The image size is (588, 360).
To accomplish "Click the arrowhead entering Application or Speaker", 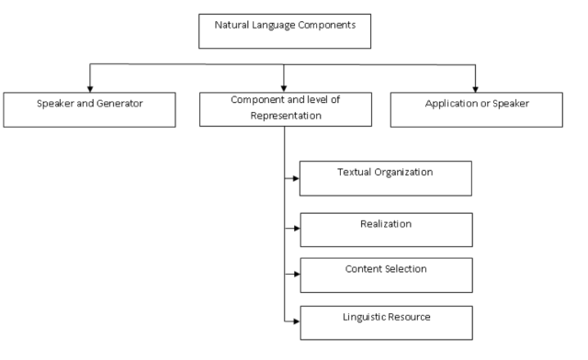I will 474,86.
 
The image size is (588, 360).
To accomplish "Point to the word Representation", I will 284,116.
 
